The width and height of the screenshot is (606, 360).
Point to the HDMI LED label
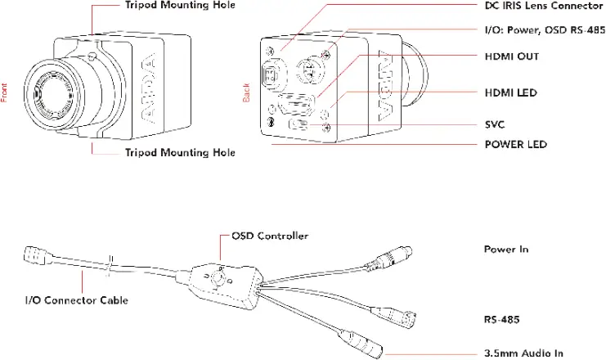point(510,93)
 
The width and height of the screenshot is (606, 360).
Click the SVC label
point(495,124)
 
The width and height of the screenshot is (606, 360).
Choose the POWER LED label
point(515,145)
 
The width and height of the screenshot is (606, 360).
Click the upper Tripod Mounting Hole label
point(180,6)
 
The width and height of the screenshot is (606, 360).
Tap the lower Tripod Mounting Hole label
point(180,152)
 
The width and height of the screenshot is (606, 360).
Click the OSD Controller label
point(270,236)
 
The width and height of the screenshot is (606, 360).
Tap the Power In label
point(501,248)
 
